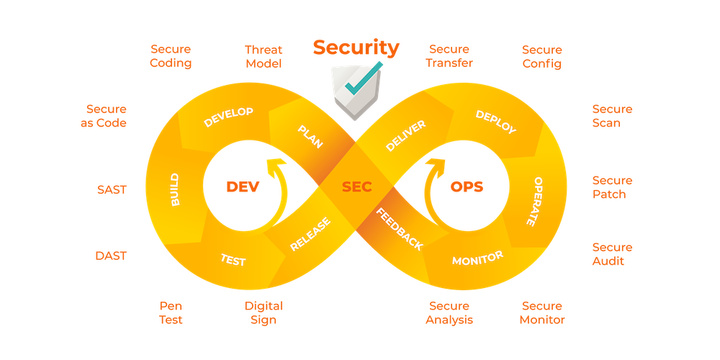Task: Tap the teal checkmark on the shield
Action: [360, 81]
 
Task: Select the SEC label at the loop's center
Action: [356, 186]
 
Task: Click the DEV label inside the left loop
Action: [242, 186]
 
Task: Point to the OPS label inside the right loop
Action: [467, 186]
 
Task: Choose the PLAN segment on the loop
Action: [310, 135]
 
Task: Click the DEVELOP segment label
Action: [228, 117]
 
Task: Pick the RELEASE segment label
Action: [310, 235]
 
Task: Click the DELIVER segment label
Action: [405, 135]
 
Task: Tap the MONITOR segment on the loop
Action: [477, 258]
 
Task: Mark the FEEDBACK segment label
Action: [400, 229]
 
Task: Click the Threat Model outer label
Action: [264, 56]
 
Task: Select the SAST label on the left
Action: [112, 190]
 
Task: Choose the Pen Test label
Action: [171, 312]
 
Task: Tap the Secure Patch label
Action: [612, 187]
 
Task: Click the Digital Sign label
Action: [264, 312]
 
